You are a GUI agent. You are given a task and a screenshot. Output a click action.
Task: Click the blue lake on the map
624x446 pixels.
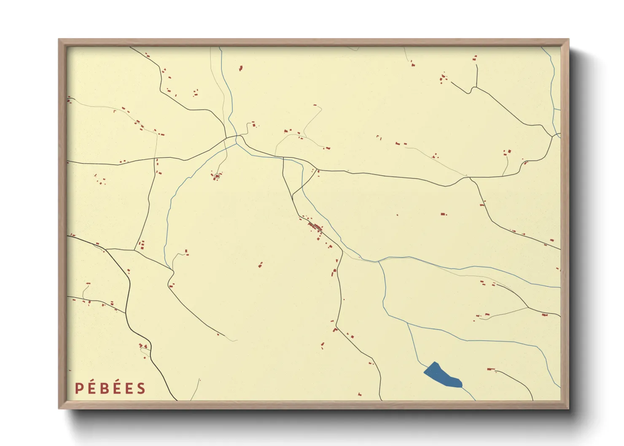coord(443,376)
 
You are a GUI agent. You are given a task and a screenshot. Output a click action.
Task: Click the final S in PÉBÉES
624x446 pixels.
coord(141,388)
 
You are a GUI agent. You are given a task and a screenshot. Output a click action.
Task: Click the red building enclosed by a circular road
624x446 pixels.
coord(217,176)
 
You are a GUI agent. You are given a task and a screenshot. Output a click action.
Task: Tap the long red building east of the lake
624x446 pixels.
coord(490,369)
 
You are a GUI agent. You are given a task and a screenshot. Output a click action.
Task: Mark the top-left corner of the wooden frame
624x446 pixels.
coord(59,40)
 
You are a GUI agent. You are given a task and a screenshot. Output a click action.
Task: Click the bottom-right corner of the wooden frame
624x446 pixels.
coord(568,408)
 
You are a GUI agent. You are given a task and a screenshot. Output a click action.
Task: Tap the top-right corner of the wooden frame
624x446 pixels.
coord(568,40)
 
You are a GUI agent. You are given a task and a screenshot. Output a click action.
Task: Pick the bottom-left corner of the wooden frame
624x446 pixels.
coord(59,408)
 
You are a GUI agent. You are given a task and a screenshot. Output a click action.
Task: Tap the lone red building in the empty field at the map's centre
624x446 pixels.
coord(260,265)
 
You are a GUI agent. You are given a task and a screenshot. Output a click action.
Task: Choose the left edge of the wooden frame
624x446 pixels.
coord(62,223)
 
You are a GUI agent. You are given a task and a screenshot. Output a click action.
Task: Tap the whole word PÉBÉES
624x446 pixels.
coord(110,388)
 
